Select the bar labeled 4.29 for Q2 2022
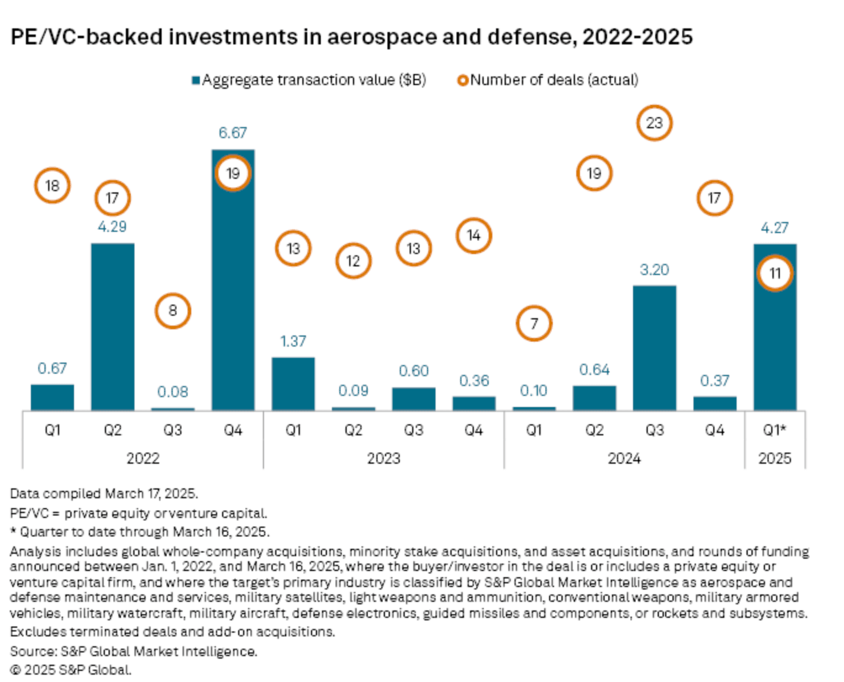112,327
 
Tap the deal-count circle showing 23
654,123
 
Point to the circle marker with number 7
534,323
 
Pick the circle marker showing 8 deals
173,310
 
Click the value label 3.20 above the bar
654,269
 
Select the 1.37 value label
293,341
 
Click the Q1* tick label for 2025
774,430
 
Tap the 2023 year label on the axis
383,458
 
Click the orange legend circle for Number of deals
462,81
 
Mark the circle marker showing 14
473,236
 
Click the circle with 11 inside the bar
774,273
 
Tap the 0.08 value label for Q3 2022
173,392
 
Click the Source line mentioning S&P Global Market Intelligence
134,651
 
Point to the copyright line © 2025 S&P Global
71,670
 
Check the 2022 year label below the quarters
143,458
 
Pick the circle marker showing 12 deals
353,261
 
